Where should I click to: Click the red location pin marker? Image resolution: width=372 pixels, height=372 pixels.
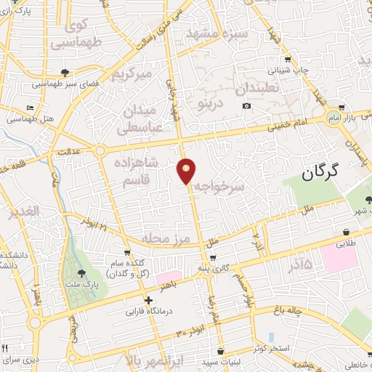pyautogui.click(x=187, y=170)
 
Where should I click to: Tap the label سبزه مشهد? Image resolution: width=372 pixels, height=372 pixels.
pyautogui.click(x=217, y=34)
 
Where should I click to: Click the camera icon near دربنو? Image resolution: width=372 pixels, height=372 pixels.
pyautogui.click(x=247, y=106)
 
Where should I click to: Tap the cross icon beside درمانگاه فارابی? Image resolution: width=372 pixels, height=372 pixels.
pyautogui.click(x=148, y=300)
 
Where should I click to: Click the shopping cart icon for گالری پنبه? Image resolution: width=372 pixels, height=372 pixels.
pyautogui.click(x=212, y=258)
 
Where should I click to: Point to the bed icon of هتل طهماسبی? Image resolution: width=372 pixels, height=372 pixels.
pyautogui.click(x=30, y=108)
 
